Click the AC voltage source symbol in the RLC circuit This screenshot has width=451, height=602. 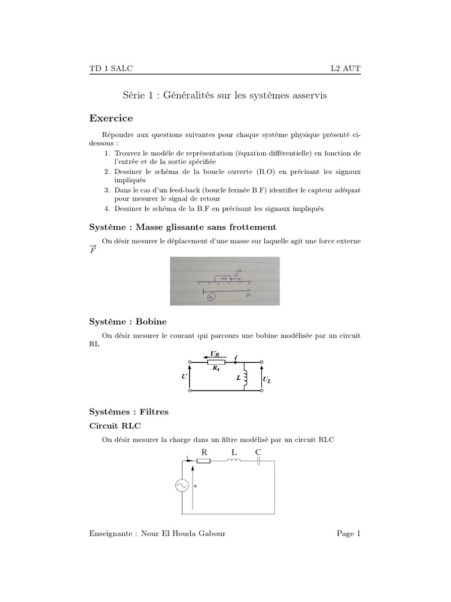[181, 486]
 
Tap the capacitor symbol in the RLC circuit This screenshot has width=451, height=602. [258, 461]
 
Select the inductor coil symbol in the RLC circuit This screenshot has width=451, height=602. [233, 460]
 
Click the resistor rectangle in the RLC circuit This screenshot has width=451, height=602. [204, 461]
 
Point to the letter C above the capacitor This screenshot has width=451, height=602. [258, 452]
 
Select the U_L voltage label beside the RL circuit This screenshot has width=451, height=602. [267, 380]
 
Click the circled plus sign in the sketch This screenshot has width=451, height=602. [211, 297]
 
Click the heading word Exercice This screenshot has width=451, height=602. [111, 118]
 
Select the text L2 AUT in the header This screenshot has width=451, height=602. [346, 68]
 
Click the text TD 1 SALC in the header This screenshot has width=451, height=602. [111, 68]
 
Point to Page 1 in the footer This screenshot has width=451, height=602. [349, 533]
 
